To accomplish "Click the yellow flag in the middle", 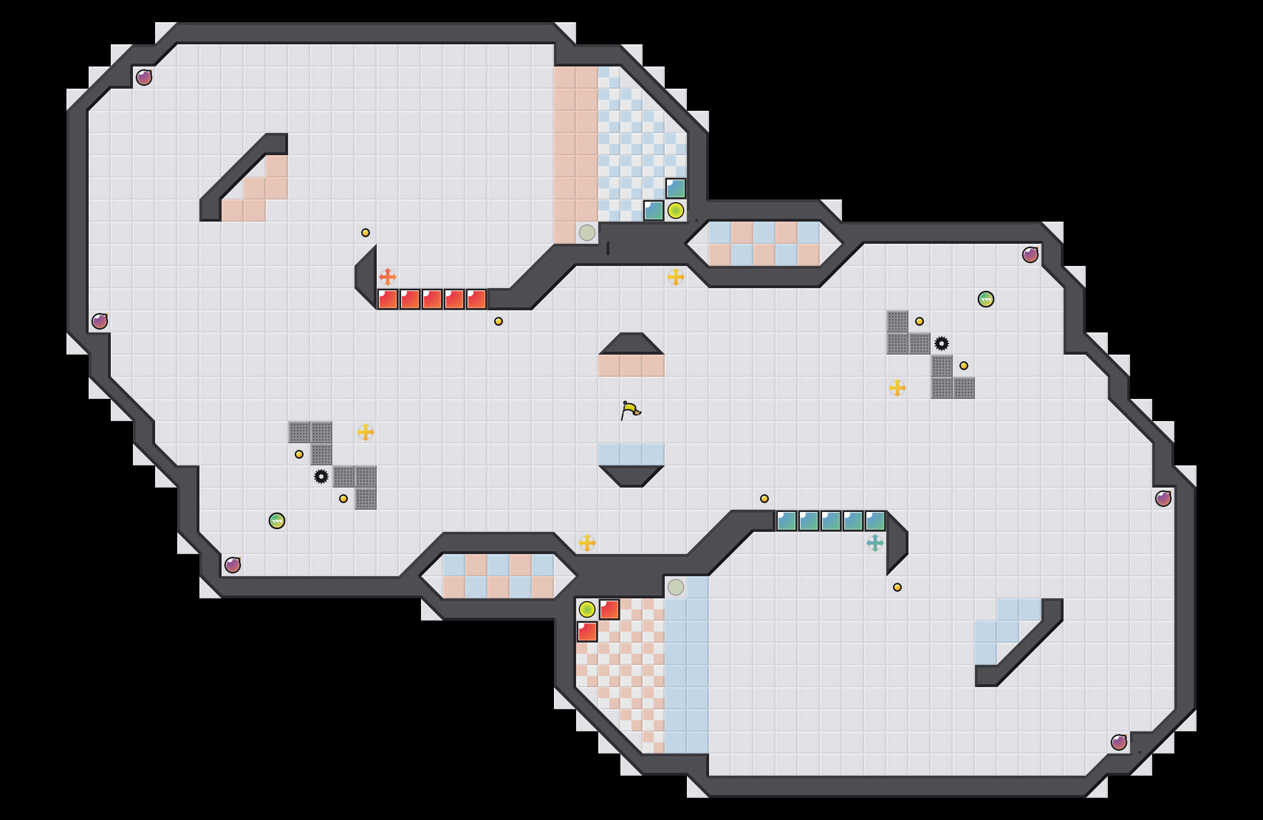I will coord(630,410).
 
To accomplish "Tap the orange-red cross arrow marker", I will coord(388,276).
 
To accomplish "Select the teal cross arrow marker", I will coord(875,543).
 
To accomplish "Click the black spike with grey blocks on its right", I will coord(321,476).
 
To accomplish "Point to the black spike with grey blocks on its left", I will coord(942,344).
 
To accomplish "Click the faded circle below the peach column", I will coord(587,233).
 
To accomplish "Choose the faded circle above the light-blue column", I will coord(676,587).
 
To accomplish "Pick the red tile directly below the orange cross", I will coord(388,299).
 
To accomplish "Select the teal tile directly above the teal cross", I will coord(875,521).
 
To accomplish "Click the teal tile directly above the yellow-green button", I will coord(676,188).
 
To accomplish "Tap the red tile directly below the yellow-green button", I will coord(587,632).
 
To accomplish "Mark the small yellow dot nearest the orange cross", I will coord(366,233).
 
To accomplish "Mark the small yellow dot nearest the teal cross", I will coord(897,587).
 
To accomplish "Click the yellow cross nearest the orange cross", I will coord(366,432).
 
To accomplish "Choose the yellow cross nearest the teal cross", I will coord(897,388).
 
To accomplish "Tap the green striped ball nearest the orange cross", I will coord(277,521).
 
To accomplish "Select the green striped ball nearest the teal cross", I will coord(986,299).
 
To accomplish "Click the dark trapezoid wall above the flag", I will coord(631,344).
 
